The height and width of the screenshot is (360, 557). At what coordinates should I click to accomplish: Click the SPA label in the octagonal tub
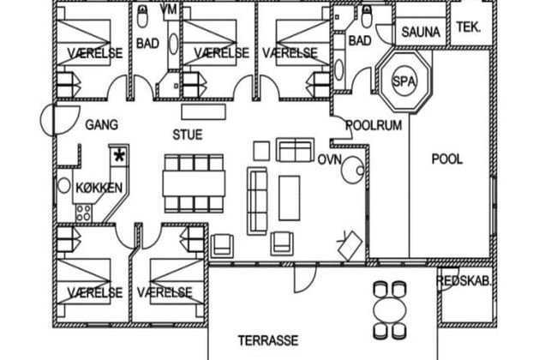[x=404, y=81]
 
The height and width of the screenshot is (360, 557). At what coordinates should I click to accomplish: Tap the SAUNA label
[x=421, y=33]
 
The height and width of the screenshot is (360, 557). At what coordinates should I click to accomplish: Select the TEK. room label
[x=469, y=27]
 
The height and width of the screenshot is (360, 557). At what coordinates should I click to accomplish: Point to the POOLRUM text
[x=374, y=125]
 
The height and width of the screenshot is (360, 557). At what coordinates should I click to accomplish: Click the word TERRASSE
[x=268, y=340]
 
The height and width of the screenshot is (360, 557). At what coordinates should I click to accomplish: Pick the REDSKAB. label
[x=464, y=281]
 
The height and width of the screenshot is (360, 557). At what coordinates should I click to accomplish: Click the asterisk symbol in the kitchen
[x=119, y=156]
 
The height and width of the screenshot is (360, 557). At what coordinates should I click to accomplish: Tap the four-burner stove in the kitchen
[x=83, y=213]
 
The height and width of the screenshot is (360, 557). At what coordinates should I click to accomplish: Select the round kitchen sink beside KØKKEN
[x=64, y=185]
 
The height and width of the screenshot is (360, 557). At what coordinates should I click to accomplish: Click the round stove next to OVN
[x=352, y=170]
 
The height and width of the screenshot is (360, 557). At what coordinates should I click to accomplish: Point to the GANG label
[x=102, y=125]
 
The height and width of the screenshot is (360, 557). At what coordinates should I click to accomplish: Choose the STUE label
[x=188, y=135]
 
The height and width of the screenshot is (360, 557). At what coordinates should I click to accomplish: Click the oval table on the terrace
[x=390, y=310]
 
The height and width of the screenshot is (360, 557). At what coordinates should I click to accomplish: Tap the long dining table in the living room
[x=194, y=183]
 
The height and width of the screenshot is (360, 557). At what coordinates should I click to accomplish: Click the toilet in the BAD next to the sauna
[x=367, y=17]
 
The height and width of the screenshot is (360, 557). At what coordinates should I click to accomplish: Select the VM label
[x=169, y=9]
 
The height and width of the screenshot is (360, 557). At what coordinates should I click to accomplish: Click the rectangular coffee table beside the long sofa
[x=289, y=198]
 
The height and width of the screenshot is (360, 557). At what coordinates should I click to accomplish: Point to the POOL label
[x=447, y=159]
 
